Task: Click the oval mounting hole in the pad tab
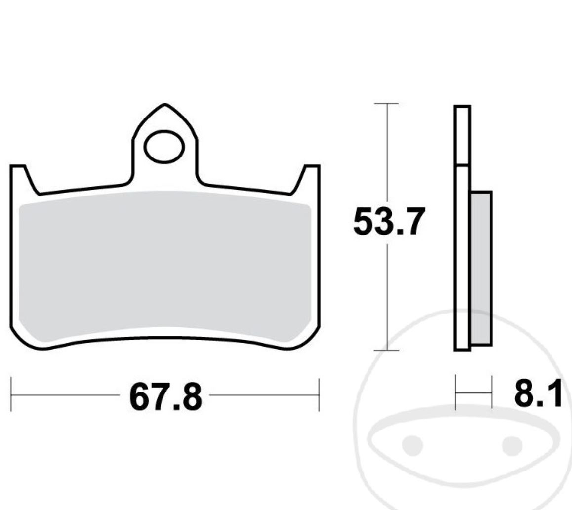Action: (x=164, y=147)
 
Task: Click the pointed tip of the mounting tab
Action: (x=165, y=105)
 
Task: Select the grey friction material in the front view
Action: (x=164, y=267)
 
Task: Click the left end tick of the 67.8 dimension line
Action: (x=11, y=395)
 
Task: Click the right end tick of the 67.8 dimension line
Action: (x=319, y=395)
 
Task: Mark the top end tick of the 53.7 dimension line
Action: (x=386, y=103)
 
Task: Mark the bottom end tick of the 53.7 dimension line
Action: (x=386, y=350)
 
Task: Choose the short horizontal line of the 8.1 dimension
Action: (x=474, y=393)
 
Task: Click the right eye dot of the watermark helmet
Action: (x=511, y=446)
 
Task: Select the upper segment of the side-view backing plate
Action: (x=462, y=135)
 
